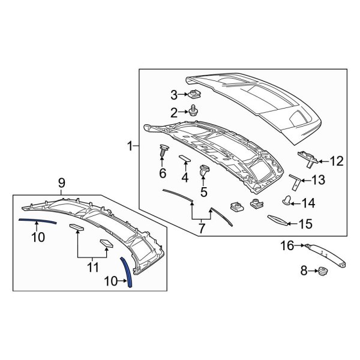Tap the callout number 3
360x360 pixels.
coord(175,94)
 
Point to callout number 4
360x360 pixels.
coord(185,177)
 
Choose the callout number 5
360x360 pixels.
coord(203,192)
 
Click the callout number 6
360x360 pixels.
coord(162,173)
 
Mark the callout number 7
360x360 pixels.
coord(201,228)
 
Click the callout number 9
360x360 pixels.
coord(61,182)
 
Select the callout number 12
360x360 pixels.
coord(336,161)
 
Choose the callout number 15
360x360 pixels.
coord(305,224)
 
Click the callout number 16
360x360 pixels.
coord(287,245)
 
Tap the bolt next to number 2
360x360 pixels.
coord(194,110)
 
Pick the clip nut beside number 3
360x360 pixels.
coord(194,94)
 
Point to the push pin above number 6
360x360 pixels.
coord(163,150)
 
